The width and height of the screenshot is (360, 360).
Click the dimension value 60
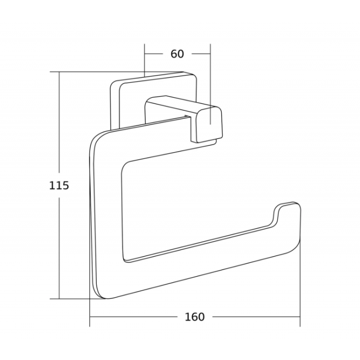[177, 54]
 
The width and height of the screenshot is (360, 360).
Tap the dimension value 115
[59, 186]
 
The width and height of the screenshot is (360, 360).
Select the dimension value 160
[194, 317]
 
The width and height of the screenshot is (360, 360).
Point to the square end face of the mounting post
[210, 124]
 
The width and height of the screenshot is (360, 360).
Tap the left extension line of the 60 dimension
[144, 60]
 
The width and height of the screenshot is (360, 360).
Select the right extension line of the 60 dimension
[211, 84]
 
